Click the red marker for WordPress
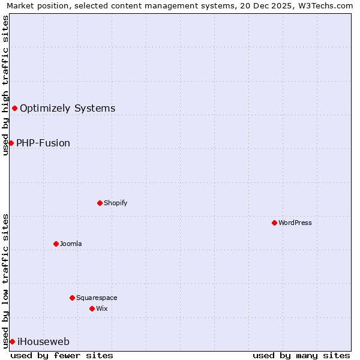[274, 223]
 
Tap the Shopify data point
[100, 203]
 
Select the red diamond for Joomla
[56, 244]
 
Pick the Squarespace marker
[72, 298]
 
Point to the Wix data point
[92, 308]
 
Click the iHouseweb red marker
[12, 341]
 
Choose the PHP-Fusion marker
[11, 143]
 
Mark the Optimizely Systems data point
[14, 108]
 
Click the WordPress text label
[295, 223]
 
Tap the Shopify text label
[115, 203]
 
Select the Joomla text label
[71, 244]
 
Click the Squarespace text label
[97, 298]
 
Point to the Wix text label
[101, 308]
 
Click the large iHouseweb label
[43, 341]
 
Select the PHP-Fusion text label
[43, 143]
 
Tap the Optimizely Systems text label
[67, 108]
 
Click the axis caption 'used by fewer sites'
[62, 355]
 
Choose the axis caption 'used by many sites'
[301, 355]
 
